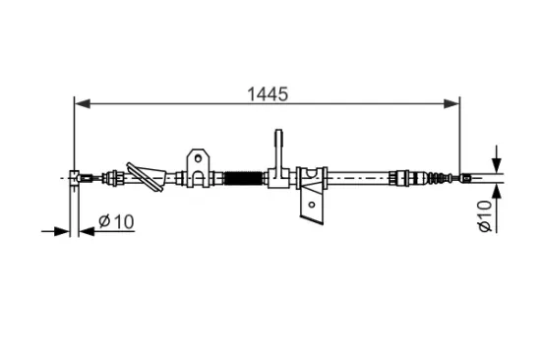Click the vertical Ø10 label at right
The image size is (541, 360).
coord(484,216)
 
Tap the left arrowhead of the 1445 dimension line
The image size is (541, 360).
coord(82,101)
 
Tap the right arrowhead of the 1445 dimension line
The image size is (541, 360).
coord(453,101)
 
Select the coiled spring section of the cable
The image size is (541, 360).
coord(243,179)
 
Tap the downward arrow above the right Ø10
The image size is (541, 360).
coord(497,161)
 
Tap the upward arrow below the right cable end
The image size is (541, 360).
coord(497,195)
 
